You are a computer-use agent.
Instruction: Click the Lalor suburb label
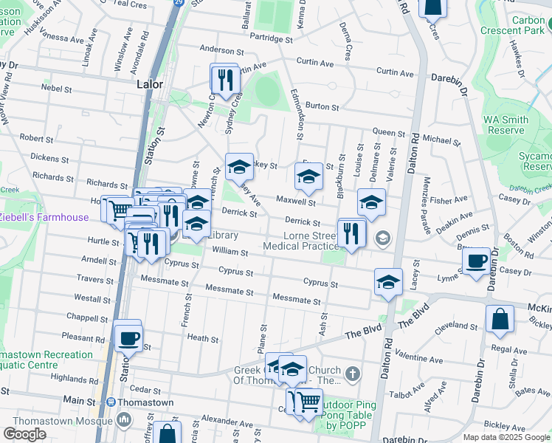[x=149, y=84]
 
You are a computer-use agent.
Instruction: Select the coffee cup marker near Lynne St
[x=477, y=261]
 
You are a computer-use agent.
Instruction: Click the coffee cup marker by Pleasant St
[x=128, y=337]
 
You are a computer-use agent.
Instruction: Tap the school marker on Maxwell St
[x=308, y=176]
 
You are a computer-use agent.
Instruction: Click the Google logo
[x=24, y=433]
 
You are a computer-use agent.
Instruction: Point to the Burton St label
[x=322, y=106]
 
